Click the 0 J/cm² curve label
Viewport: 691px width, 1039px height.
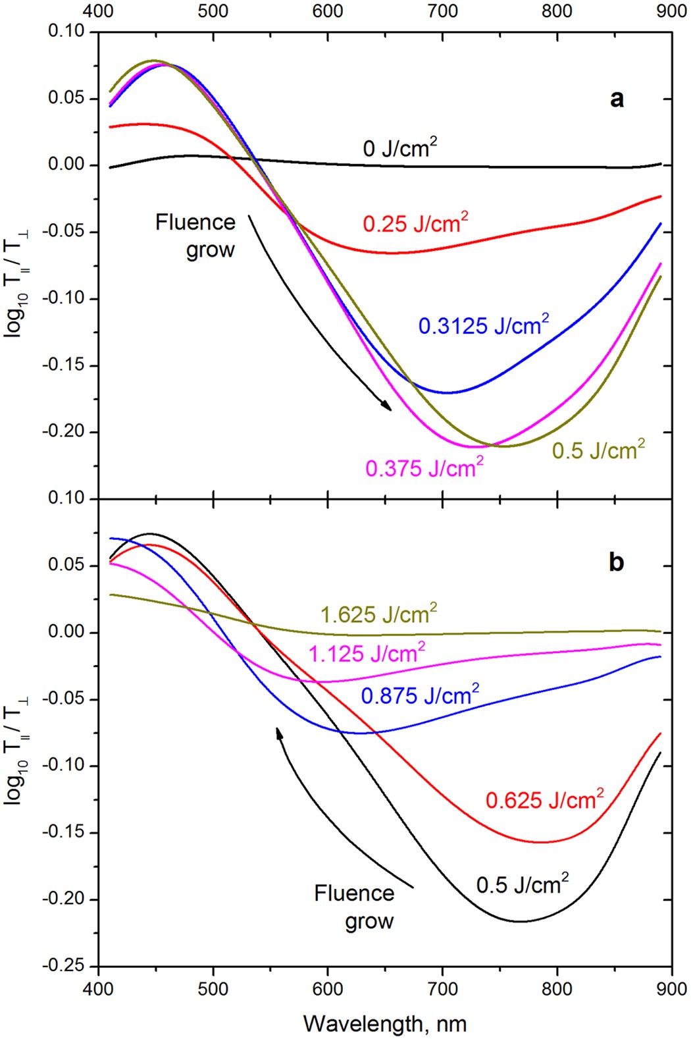(x=399, y=148)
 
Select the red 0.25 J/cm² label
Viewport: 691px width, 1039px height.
(x=415, y=223)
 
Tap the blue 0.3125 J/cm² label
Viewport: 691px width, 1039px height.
(x=483, y=325)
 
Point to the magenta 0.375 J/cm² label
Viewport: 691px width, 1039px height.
(x=424, y=468)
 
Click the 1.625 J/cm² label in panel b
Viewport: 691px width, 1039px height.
(x=378, y=614)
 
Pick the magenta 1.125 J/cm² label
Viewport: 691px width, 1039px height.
(x=367, y=654)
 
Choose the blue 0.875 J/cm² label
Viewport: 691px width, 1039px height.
(x=420, y=695)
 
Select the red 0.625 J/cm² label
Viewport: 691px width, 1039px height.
(x=544, y=800)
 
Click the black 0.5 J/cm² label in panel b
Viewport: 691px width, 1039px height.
(x=522, y=884)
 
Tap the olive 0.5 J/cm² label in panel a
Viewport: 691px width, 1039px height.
(x=598, y=450)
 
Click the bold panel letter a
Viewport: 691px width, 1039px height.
(x=617, y=99)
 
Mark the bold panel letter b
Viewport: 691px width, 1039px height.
(x=616, y=563)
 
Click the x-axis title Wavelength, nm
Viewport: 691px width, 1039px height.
(x=385, y=1024)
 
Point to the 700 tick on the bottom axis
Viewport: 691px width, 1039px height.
(x=442, y=989)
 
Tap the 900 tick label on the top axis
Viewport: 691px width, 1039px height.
(x=671, y=11)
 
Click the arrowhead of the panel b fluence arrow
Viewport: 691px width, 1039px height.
(x=279, y=732)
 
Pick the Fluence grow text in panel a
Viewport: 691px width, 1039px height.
(x=196, y=236)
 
